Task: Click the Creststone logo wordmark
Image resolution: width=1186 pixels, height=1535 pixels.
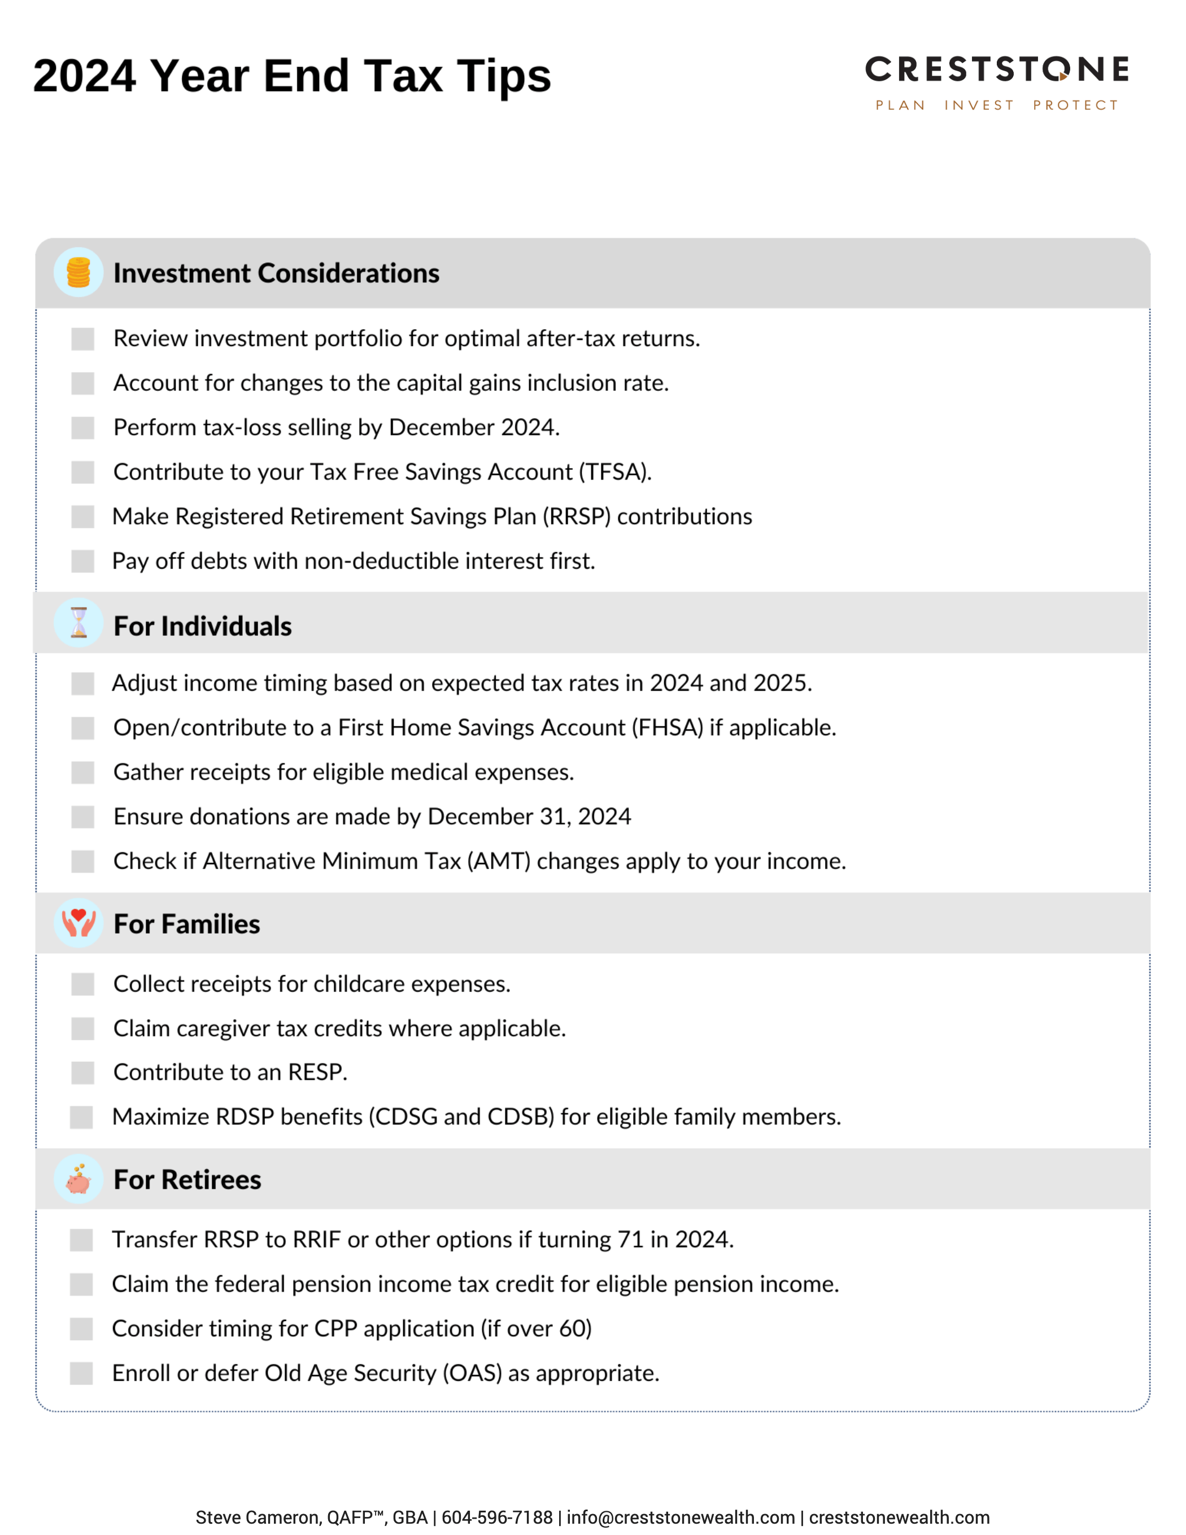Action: (996, 69)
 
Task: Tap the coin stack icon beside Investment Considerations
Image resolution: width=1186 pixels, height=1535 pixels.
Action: (79, 272)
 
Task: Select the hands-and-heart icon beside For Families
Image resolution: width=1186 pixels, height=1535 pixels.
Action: (79, 923)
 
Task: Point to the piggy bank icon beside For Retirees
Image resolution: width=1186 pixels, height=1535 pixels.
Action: (79, 1179)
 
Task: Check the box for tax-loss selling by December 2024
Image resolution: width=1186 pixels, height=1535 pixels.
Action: (82, 428)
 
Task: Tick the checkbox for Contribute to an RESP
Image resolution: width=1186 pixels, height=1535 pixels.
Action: (82, 1072)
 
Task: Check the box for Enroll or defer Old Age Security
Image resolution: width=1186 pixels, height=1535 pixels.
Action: (81, 1373)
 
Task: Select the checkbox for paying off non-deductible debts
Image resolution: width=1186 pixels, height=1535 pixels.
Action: (82, 561)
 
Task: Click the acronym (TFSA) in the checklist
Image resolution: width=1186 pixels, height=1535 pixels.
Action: (614, 472)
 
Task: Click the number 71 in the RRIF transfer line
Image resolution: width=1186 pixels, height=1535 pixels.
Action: (631, 1239)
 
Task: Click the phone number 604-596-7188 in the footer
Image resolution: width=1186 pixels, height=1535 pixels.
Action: (496, 1517)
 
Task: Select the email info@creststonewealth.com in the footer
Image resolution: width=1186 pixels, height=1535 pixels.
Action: (680, 1517)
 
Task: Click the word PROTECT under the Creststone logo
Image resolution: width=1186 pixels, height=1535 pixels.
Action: (1075, 106)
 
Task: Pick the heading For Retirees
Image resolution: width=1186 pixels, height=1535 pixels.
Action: (187, 1179)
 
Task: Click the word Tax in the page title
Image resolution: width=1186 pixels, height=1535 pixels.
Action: (403, 76)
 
